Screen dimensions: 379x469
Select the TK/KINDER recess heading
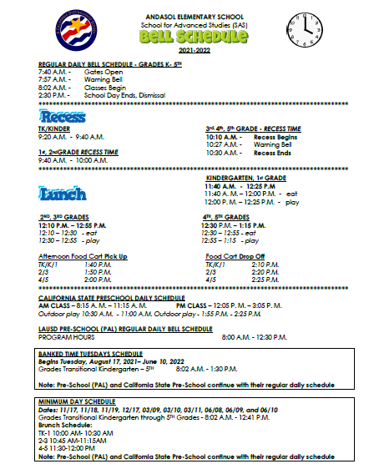56,129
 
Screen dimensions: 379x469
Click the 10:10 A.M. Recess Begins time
224,136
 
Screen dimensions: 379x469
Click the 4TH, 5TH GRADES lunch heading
231,217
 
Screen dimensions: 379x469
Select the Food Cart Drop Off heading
235,256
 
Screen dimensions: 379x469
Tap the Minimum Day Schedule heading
77,402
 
